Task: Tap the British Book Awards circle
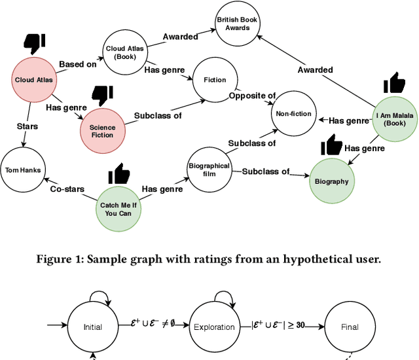(x=238, y=24)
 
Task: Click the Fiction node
(x=214, y=80)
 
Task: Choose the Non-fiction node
(x=293, y=113)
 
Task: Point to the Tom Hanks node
(x=23, y=170)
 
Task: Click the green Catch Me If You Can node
(x=120, y=209)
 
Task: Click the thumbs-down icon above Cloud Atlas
(x=35, y=43)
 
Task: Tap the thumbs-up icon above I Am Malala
(x=393, y=84)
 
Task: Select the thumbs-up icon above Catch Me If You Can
(x=119, y=173)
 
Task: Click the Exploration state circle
(x=214, y=327)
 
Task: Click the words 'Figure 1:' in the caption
(x=60, y=259)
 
